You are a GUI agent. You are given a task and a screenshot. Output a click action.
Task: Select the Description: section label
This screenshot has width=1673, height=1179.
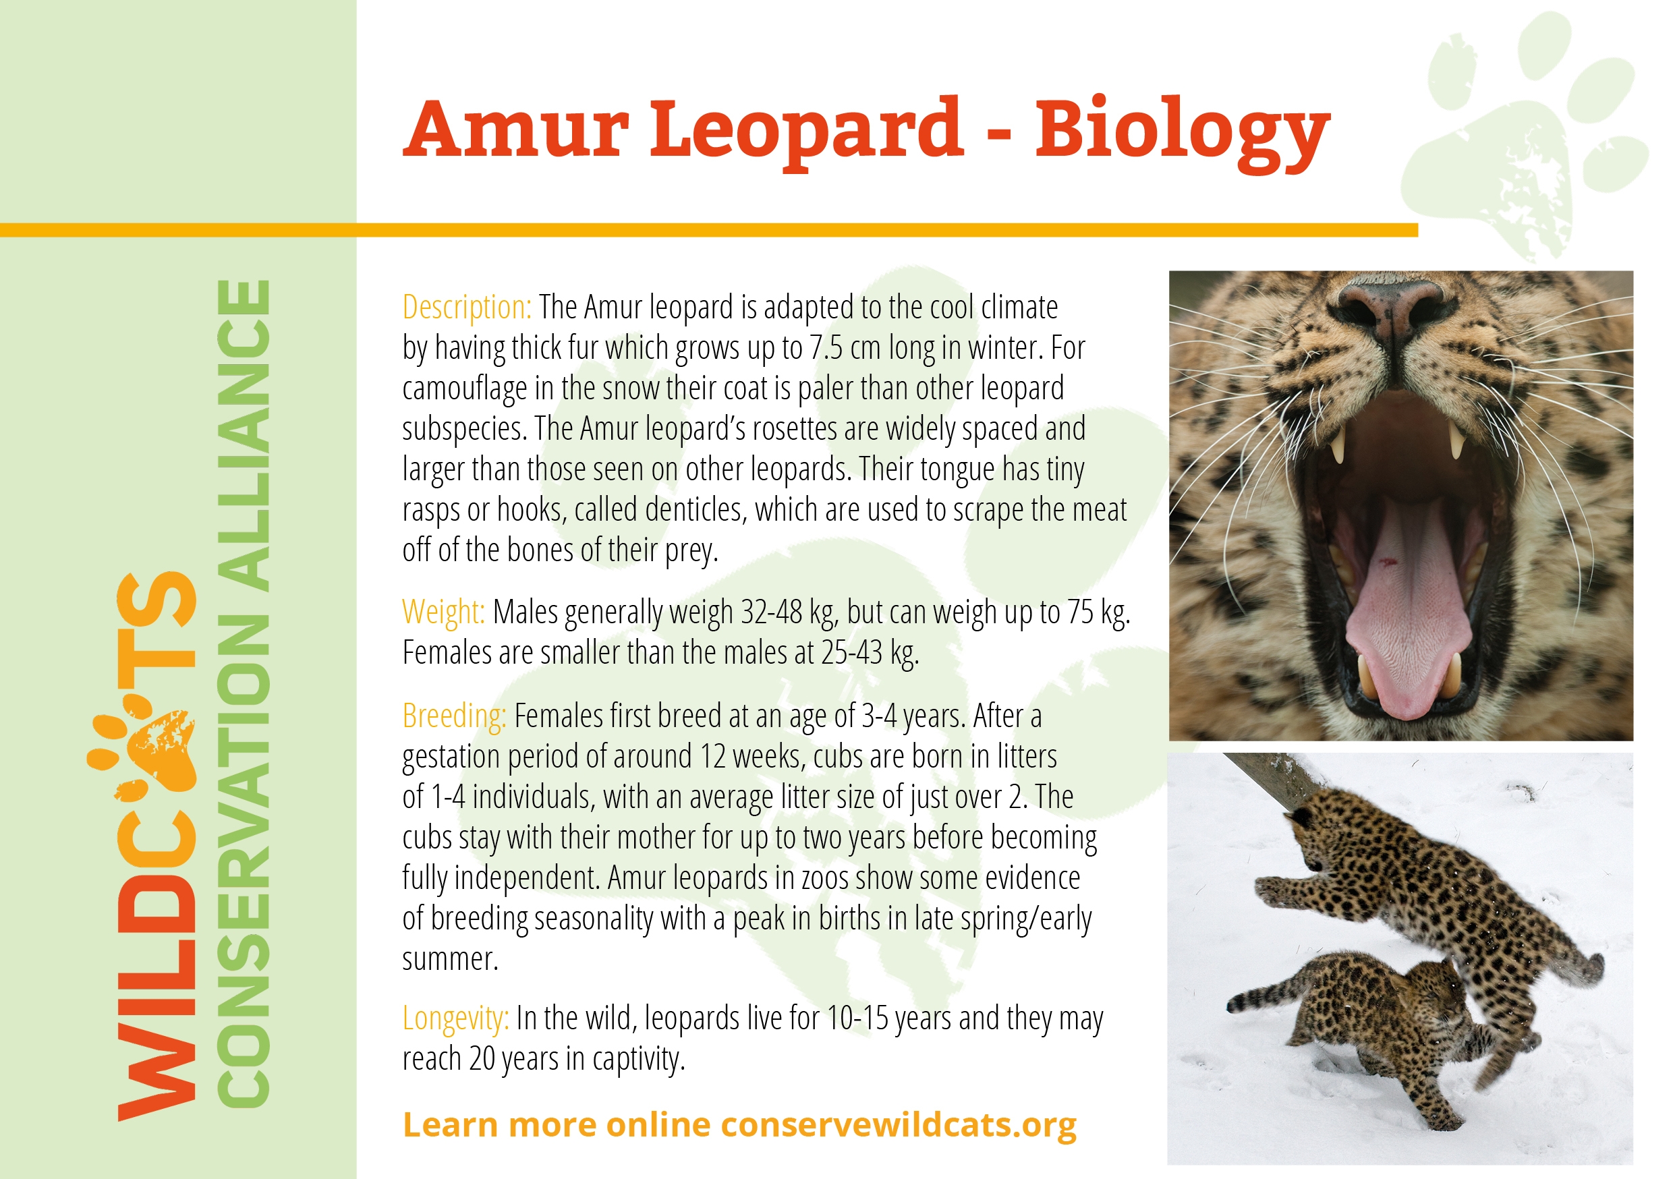click(466, 308)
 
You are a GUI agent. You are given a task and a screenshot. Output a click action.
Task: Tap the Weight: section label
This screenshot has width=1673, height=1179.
click(443, 612)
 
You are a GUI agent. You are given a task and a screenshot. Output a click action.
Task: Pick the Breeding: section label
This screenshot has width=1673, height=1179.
click(454, 716)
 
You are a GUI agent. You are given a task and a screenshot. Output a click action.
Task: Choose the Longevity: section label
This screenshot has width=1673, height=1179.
click(455, 1018)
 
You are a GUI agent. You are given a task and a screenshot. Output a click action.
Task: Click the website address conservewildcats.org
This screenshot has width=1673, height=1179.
click(899, 1125)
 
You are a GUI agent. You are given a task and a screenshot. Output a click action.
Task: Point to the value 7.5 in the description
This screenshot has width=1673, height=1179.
click(826, 348)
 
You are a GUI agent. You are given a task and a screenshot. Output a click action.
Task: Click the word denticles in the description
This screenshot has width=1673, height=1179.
click(696, 510)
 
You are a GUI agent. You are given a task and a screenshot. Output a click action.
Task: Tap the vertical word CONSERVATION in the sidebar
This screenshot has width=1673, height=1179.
click(244, 860)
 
